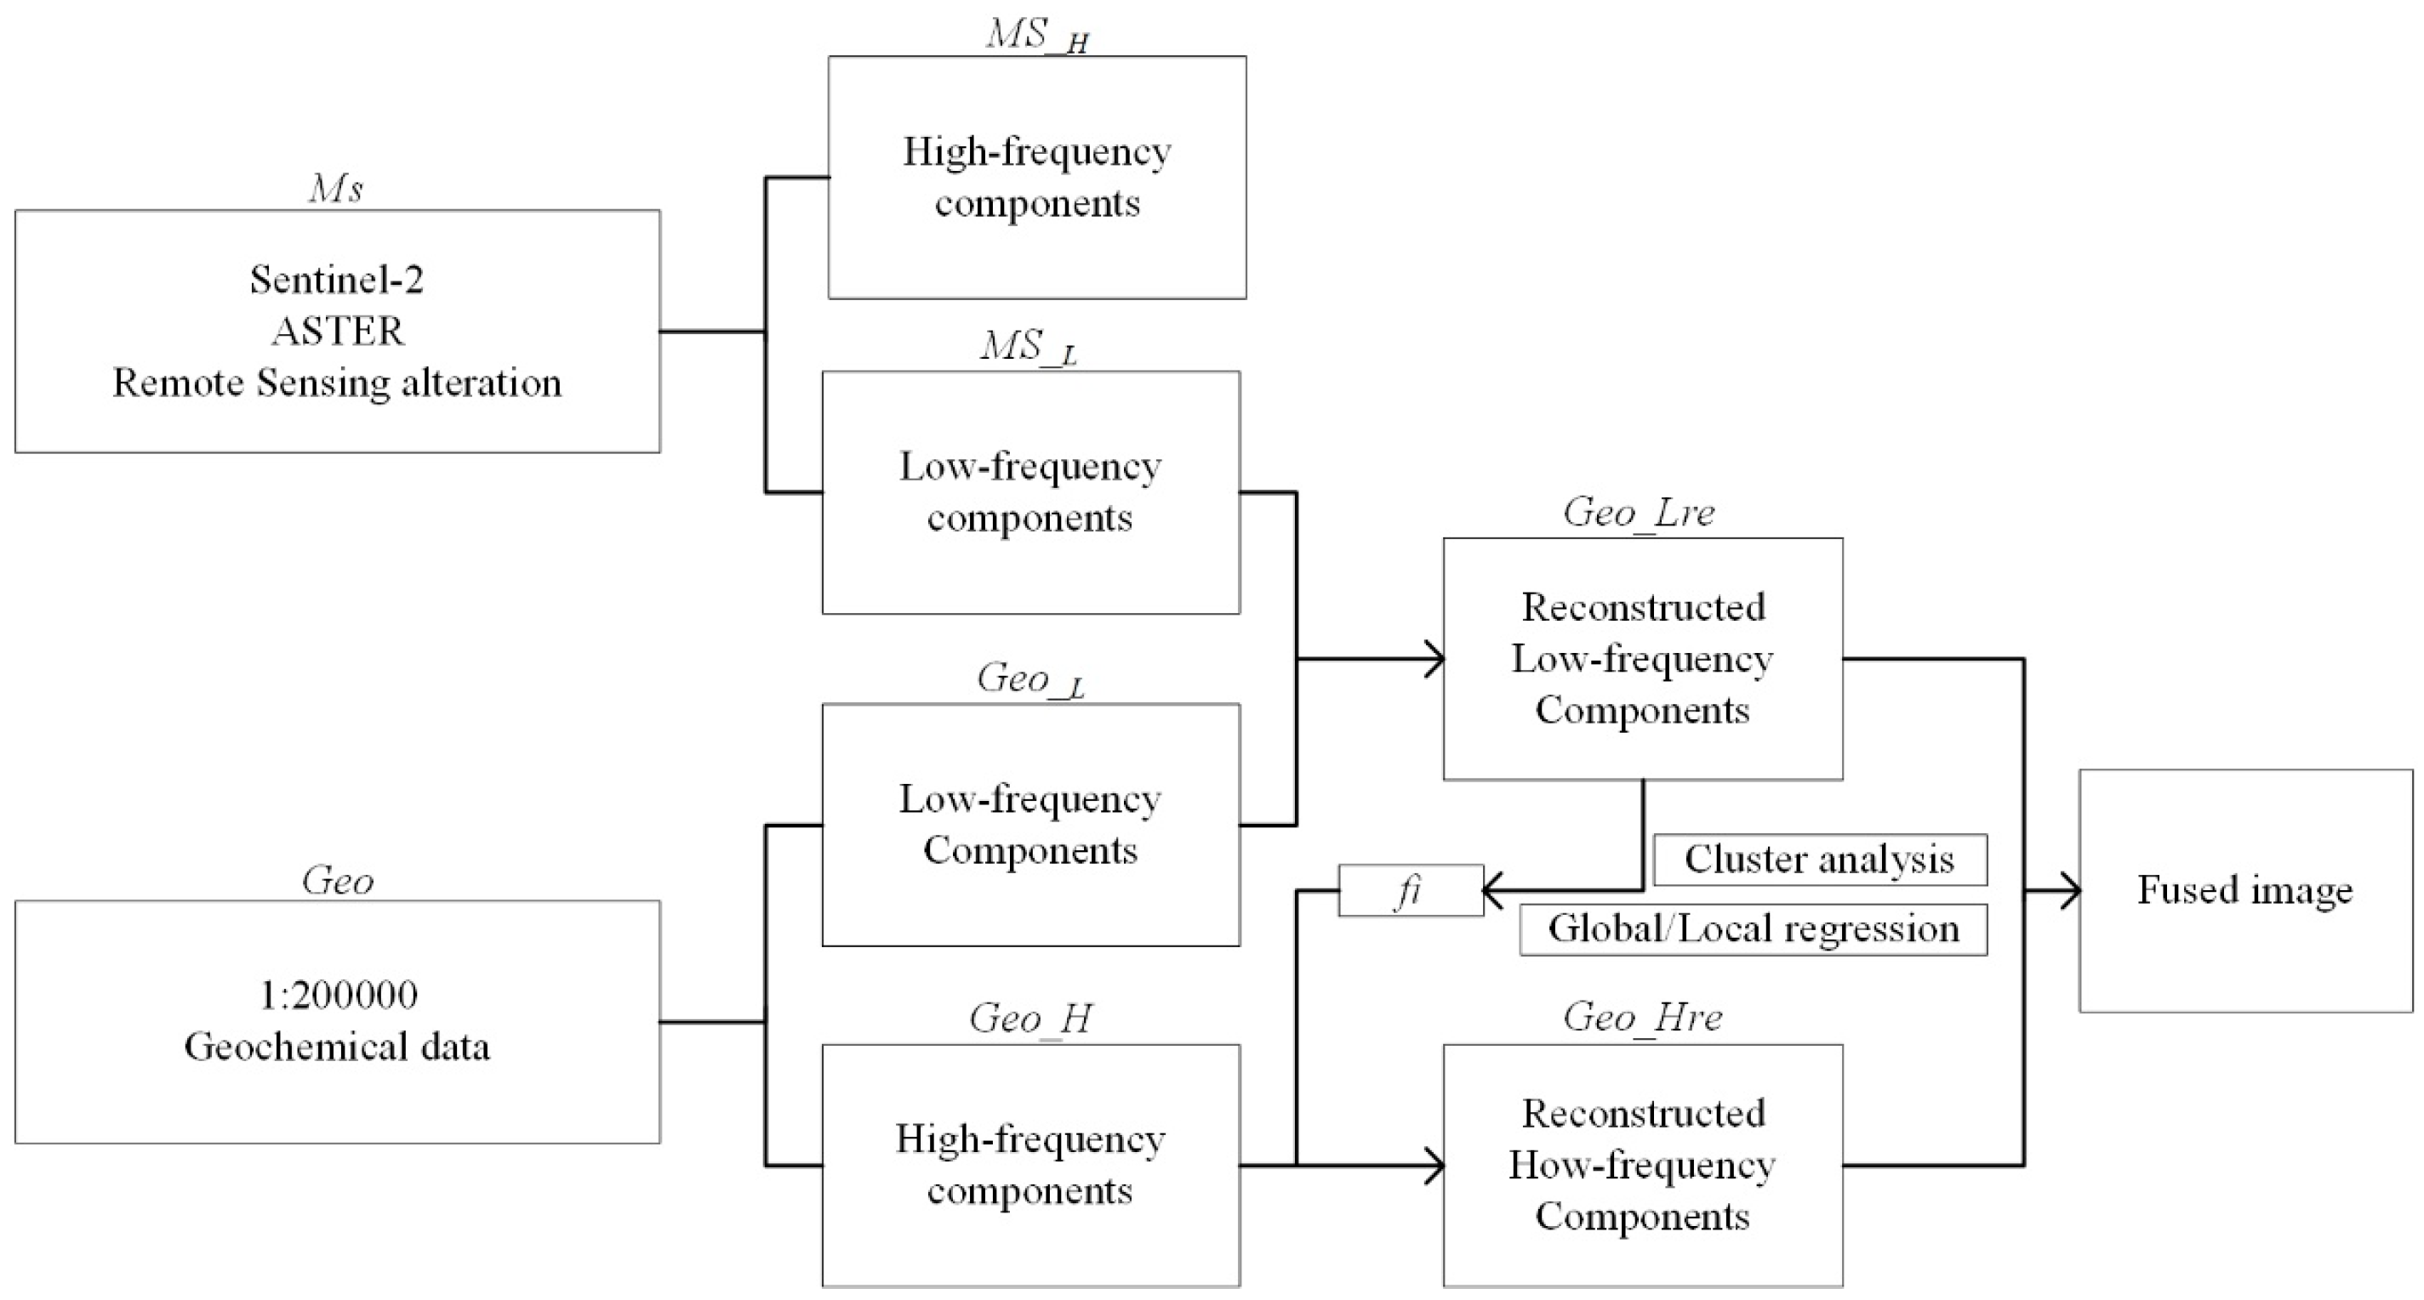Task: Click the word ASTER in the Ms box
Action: [338, 331]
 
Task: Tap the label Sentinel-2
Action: [337, 280]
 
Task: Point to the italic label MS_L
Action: [1029, 347]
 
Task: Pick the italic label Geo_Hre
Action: [1642, 1017]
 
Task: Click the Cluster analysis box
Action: [1819, 859]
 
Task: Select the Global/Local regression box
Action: [1753, 929]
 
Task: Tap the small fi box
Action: [1409, 890]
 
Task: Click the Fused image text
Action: [2244, 890]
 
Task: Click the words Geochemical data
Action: [337, 1047]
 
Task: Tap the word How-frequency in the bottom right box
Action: [1642, 1166]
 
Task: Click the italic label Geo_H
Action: [1030, 1019]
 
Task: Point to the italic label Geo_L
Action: [1030, 679]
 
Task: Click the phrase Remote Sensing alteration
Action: [337, 383]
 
